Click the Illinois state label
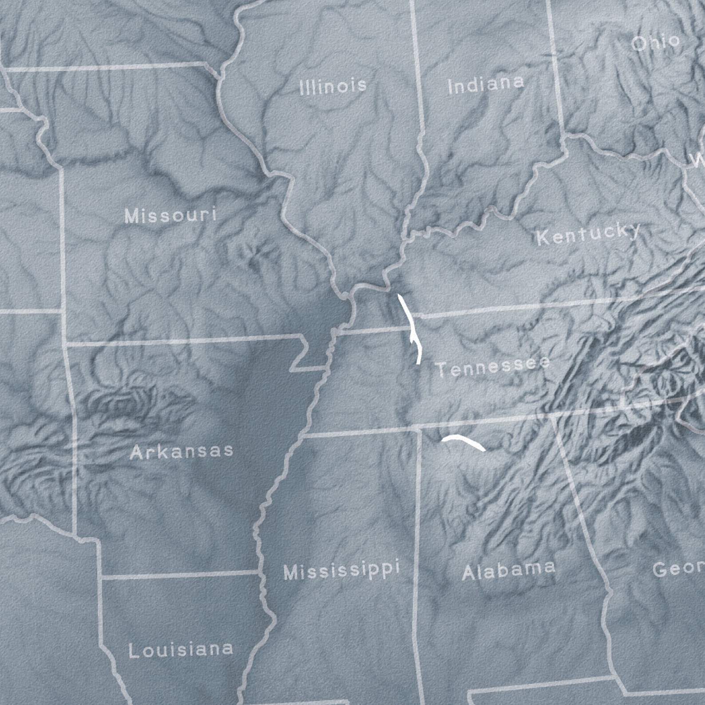[x=333, y=85]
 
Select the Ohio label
[x=656, y=43]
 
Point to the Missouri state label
[x=171, y=215]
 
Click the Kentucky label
[x=589, y=234]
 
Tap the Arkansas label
[x=182, y=452]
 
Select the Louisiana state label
[x=181, y=650]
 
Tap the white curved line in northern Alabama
[x=463, y=442]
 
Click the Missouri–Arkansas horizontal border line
[x=178, y=341]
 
